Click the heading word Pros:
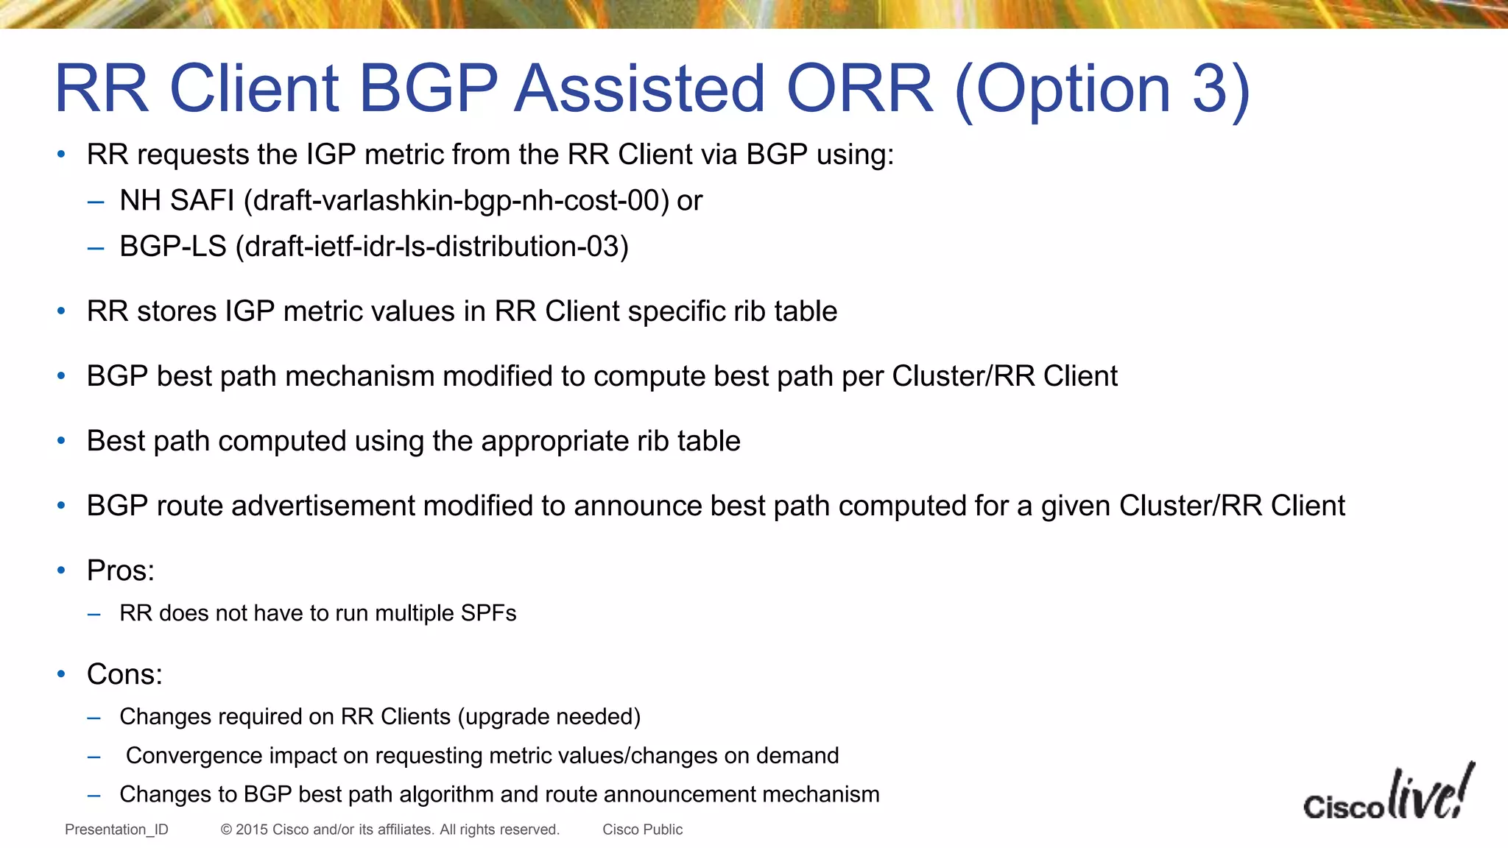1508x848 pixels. point(121,570)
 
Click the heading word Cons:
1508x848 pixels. point(124,674)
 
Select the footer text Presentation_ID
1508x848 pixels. point(116,830)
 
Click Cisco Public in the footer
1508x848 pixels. point(642,830)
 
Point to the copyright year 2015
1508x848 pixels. point(252,830)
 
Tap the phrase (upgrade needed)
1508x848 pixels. point(549,717)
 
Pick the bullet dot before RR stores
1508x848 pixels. point(61,311)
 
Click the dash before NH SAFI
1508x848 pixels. point(95,202)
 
